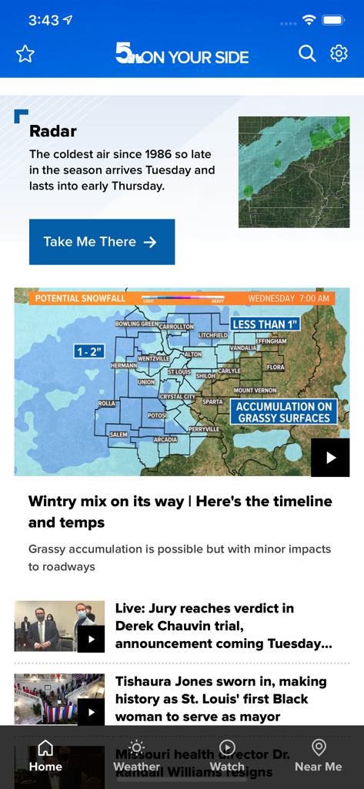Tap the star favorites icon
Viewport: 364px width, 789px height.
(x=25, y=54)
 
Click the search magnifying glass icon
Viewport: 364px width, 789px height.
(x=307, y=53)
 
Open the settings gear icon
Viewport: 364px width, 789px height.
(x=339, y=53)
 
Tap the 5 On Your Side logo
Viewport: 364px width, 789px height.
(x=182, y=54)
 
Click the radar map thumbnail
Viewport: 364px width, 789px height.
(x=294, y=172)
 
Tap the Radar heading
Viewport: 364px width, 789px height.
(x=53, y=132)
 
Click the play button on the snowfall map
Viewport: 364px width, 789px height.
(x=330, y=458)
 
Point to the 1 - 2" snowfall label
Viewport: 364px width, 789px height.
(x=88, y=351)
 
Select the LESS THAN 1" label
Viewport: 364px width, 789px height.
(x=265, y=324)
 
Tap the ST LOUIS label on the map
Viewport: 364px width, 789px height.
(x=179, y=372)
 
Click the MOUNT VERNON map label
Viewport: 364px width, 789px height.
(x=255, y=391)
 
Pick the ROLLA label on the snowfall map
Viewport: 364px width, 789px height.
(x=106, y=403)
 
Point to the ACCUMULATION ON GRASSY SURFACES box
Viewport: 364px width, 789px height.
(x=284, y=412)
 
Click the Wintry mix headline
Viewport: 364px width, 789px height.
(x=180, y=512)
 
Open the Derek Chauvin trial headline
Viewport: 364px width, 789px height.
(x=223, y=626)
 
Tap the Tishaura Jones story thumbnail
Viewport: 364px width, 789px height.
(x=59, y=699)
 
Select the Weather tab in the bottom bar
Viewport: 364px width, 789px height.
(x=136, y=756)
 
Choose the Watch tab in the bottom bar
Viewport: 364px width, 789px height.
(x=227, y=756)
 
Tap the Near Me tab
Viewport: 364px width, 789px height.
(x=318, y=756)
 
